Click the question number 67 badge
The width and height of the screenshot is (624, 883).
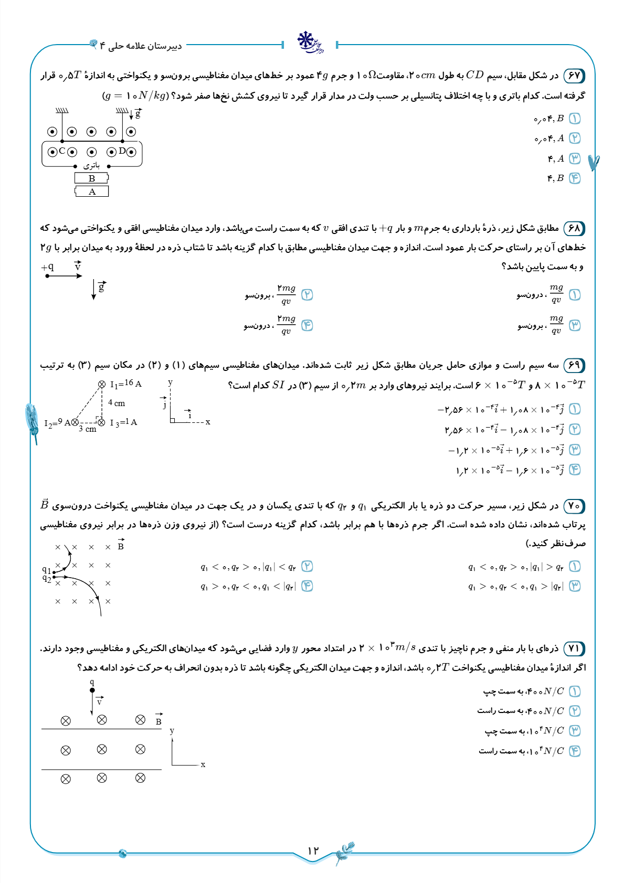coord(574,76)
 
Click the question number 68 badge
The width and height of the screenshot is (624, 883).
coord(574,228)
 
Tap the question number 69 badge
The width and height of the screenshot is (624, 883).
coord(574,365)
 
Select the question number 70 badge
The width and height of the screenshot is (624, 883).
coord(574,506)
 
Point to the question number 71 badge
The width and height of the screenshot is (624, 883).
coord(574,648)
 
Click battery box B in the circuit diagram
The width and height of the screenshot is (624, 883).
coord(92,178)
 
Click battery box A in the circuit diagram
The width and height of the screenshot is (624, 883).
coord(92,192)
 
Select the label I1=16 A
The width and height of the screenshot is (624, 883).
coord(125,384)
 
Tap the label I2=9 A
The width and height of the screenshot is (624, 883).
coord(57,422)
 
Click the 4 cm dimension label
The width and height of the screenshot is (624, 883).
coord(117,403)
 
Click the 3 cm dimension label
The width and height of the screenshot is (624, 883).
coord(88,429)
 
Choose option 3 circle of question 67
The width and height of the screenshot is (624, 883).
coord(575,158)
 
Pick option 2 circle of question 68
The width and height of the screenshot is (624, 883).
coord(307,294)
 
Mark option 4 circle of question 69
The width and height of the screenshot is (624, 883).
coord(575,470)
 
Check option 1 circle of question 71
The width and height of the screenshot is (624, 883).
coord(575,691)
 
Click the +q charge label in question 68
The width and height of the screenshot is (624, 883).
coord(48,267)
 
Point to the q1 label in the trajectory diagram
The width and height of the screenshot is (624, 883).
coord(47,570)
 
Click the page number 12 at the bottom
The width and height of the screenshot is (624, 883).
coord(313,850)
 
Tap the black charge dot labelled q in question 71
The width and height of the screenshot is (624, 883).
coord(92,690)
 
